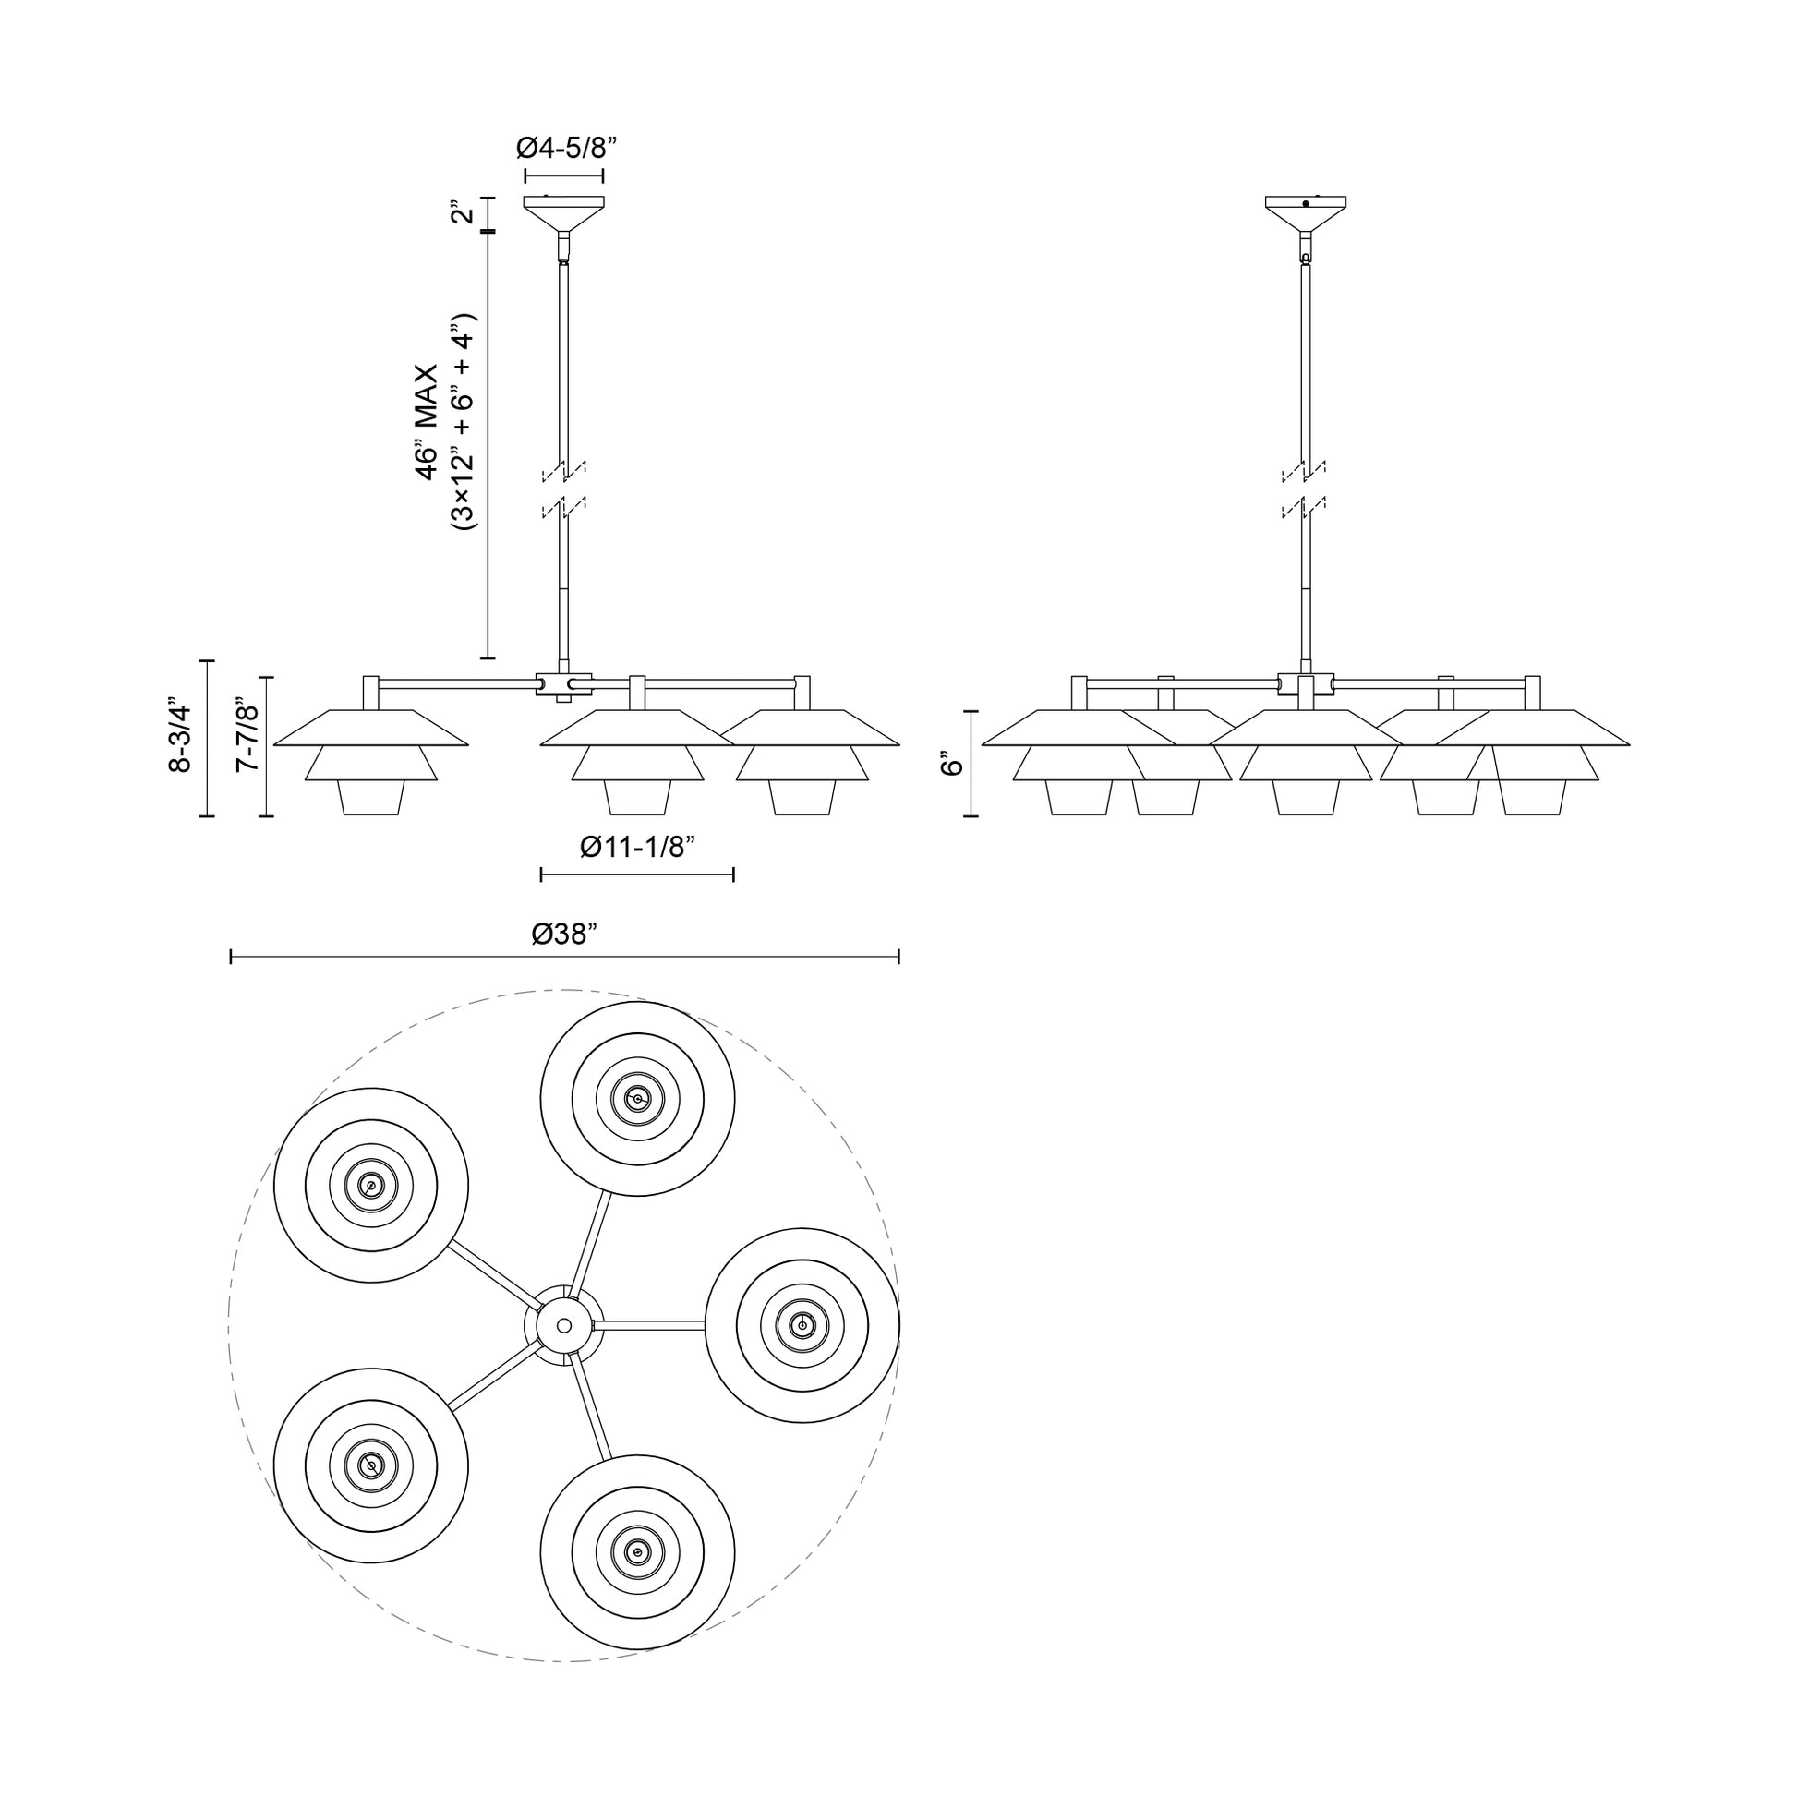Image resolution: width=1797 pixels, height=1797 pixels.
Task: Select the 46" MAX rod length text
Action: point(427,422)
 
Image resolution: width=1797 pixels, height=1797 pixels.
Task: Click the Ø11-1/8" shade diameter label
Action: point(637,848)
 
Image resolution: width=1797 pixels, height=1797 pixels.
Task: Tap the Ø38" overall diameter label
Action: point(563,934)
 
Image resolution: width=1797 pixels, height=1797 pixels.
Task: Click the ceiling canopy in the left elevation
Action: point(563,212)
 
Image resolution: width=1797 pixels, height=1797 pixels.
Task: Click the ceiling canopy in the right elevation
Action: point(1305,212)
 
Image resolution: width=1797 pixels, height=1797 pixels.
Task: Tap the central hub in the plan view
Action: point(562,1325)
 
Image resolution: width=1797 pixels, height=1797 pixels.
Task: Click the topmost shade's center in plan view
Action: point(637,1099)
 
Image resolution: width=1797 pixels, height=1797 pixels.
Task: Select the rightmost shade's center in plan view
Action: point(802,1324)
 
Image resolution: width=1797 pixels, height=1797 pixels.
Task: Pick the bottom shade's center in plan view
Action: point(637,1551)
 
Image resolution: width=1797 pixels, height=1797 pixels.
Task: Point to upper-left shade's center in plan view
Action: point(371,1185)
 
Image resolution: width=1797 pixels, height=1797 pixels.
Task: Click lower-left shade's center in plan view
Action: point(371,1465)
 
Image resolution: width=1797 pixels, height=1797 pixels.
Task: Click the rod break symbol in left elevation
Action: point(563,488)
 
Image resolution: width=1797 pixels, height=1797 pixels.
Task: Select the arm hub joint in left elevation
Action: point(563,685)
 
